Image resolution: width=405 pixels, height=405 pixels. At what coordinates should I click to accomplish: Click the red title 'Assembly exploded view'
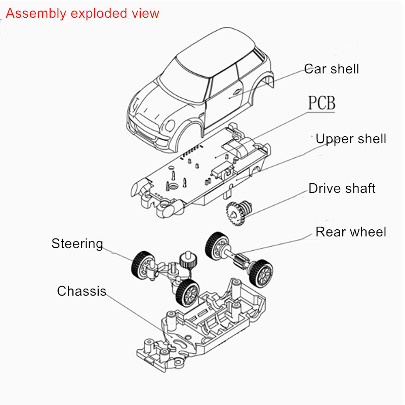[x=83, y=13]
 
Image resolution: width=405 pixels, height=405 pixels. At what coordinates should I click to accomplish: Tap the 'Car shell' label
[x=332, y=69]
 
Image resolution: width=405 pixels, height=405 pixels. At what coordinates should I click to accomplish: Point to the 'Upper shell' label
[x=351, y=139]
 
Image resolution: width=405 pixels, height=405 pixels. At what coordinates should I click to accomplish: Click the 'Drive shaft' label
[x=342, y=189]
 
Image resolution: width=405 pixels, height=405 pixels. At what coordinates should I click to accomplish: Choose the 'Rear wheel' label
[x=351, y=232]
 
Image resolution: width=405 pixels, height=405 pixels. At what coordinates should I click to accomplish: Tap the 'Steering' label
[x=77, y=244]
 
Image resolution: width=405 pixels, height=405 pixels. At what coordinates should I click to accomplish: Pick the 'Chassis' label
[x=82, y=291]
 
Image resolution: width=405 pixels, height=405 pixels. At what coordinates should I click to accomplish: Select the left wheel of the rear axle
[x=215, y=246]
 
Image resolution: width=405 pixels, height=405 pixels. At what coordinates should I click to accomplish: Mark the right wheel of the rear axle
[x=262, y=272]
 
